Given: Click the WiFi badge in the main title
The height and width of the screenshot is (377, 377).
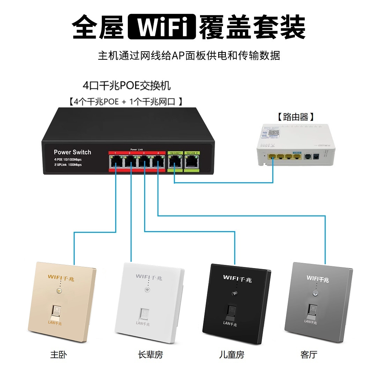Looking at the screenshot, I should point(162,27).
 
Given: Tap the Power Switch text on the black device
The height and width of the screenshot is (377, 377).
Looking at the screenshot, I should point(72,152).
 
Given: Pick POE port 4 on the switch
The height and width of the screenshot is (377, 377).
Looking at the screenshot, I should point(158,161).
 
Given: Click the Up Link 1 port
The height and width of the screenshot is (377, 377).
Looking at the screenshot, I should point(174,161).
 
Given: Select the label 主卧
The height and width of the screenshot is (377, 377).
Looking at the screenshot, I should point(58,355).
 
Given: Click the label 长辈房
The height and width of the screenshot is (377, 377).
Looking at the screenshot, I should point(150,355).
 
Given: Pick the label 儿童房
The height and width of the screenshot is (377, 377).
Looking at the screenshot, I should point(231,355).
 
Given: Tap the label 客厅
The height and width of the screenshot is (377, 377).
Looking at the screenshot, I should point(309,355).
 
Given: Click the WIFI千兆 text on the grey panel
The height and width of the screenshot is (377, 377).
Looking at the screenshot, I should point(318,279).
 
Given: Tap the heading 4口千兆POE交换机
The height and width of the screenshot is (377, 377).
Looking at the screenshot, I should point(127,86).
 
